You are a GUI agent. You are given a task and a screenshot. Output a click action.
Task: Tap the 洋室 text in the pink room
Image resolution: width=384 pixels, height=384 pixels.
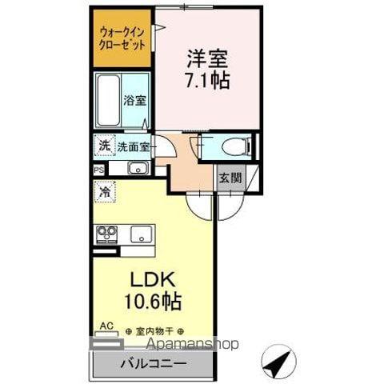(x=207, y=59)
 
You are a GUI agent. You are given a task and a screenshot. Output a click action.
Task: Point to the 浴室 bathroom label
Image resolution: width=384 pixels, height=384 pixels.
(x=134, y=102)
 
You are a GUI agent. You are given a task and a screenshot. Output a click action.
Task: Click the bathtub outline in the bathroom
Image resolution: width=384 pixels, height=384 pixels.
(x=107, y=100)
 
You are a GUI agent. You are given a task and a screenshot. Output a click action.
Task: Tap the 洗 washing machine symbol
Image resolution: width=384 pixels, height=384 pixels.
(x=104, y=146)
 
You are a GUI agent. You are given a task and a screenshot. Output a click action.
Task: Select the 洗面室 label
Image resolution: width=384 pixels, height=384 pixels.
(x=133, y=147)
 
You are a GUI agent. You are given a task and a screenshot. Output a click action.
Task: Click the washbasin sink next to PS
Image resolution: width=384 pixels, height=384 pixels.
(x=137, y=169)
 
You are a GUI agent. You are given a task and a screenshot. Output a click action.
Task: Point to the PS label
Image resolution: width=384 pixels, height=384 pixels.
(x=98, y=170)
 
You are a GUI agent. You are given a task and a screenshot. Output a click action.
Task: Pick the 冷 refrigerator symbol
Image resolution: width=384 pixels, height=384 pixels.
(x=104, y=192)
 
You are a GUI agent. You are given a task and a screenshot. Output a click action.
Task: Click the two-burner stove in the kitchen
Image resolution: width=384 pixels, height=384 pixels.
(x=107, y=234)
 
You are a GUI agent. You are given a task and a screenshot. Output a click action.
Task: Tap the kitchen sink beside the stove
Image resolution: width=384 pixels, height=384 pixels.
(x=142, y=234)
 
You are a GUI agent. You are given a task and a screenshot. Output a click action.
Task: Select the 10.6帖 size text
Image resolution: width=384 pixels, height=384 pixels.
(x=151, y=302)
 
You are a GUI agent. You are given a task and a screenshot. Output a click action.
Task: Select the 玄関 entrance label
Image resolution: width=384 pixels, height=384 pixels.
(x=230, y=178)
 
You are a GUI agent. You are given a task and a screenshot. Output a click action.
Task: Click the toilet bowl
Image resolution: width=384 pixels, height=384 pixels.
(x=233, y=146)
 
